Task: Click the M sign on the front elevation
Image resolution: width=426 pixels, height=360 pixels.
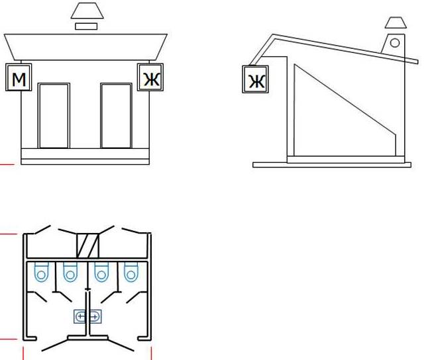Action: [x=19, y=79]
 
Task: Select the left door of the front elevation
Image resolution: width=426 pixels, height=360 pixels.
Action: [x=54, y=116]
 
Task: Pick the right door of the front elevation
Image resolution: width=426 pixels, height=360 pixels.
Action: [x=117, y=116]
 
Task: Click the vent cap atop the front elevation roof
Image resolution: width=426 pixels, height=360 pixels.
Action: [x=84, y=12]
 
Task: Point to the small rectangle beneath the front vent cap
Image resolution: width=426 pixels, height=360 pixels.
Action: [x=85, y=26]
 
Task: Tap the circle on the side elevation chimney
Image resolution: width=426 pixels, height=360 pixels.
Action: [x=394, y=42]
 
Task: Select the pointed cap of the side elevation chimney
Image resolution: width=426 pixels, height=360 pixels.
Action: [x=393, y=23]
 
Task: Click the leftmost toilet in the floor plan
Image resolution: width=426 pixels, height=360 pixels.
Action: [x=41, y=272]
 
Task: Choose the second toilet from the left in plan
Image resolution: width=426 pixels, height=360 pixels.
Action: [x=69, y=272]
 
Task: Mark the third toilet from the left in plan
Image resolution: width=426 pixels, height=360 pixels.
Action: [x=101, y=272]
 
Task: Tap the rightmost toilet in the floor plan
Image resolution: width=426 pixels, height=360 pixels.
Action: [x=129, y=272]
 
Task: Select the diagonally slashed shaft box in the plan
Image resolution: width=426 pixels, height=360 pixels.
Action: [x=88, y=244]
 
